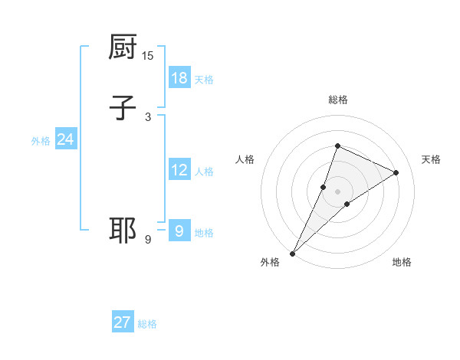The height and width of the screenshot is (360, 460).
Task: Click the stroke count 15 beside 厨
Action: [148, 55]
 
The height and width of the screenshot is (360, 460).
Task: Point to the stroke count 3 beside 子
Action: [148, 116]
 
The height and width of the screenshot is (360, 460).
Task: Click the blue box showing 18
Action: [179, 78]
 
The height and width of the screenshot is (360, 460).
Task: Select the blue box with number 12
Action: [179, 170]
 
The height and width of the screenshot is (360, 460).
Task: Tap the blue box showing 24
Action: [65, 139]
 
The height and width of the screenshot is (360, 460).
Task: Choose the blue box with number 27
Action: [123, 322]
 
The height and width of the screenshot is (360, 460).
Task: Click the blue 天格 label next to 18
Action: [204, 80]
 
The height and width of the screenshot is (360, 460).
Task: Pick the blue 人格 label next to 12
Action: [204, 172]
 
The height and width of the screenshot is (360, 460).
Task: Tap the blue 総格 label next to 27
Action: [147, 324]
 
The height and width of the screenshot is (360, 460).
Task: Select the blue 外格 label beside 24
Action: [41, 141]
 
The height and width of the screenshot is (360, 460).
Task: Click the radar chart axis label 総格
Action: [337, 100]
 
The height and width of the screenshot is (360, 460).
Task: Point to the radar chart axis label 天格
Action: [431, 159]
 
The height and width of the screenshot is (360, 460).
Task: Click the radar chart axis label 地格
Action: [402, 262]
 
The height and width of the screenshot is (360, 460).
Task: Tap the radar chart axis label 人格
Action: [245, 159]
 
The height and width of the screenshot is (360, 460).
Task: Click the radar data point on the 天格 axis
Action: [396, 172]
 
